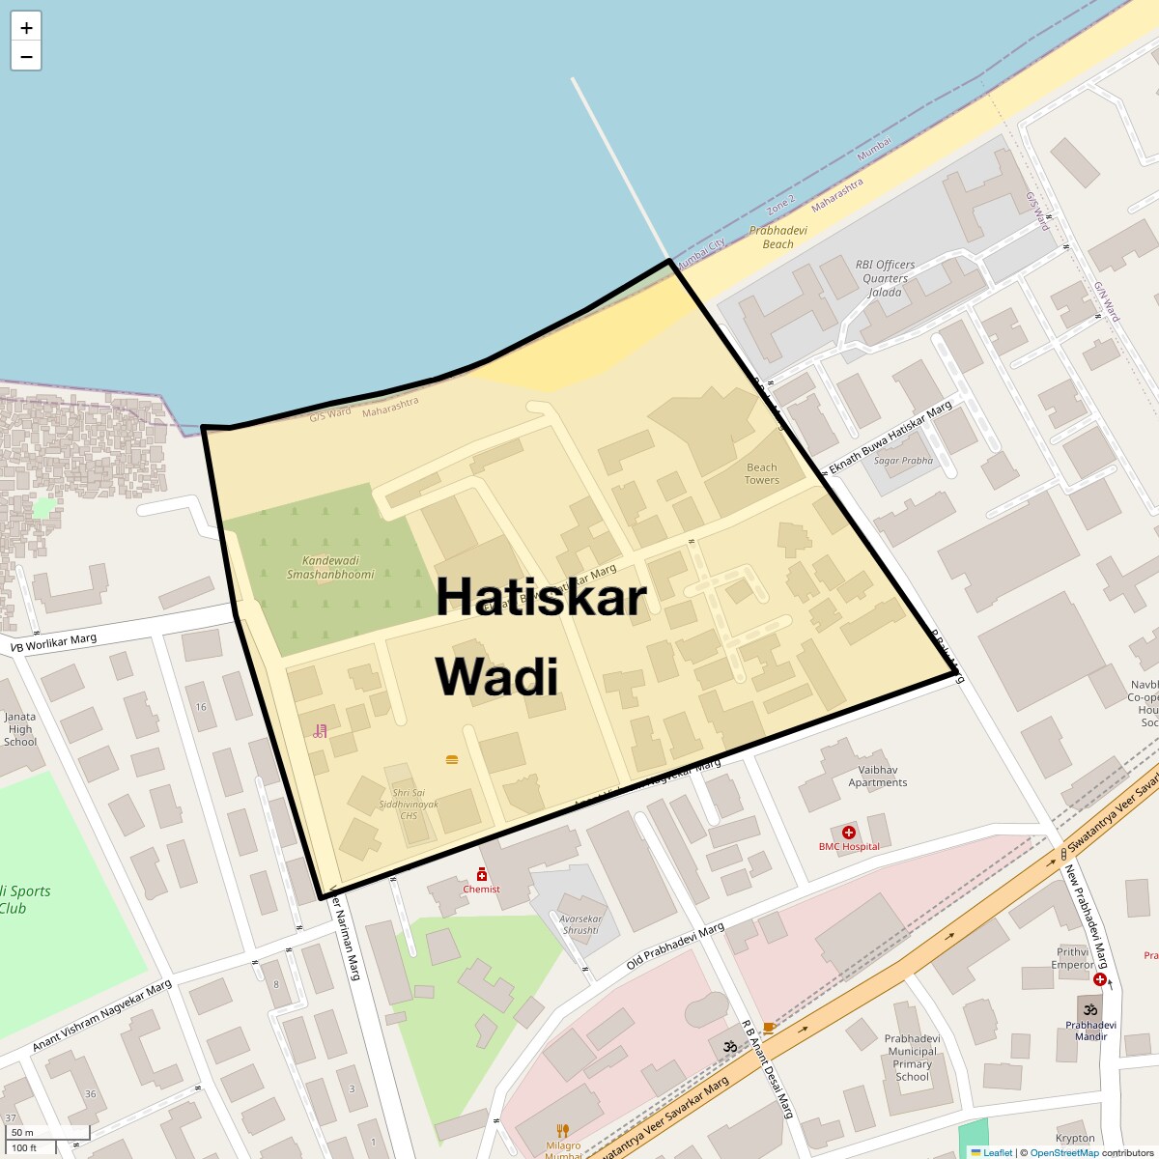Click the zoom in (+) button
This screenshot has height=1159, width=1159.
(26, 28)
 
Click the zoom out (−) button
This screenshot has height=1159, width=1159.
(26, 57)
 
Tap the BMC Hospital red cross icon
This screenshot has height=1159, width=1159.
(849, 833)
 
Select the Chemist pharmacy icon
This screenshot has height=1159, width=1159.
(482, 874)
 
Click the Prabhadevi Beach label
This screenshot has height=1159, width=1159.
(778, 238)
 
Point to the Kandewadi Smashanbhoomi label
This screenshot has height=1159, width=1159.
(330, 567)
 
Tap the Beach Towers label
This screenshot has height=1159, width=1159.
(762, 473)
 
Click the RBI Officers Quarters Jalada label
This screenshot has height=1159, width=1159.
(885, 278)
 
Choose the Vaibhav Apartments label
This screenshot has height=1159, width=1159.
(878, 777)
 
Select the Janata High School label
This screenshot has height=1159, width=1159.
(20, 729)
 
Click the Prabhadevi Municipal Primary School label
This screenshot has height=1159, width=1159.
(912, 1058)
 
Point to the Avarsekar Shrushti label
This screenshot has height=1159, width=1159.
(580, 924)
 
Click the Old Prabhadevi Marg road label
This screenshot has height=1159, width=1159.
(675, 947)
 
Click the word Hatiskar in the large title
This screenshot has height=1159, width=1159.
(541, 597)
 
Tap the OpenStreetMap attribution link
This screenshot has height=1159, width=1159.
(1063, 1152)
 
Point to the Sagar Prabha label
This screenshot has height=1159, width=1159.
(903, 461)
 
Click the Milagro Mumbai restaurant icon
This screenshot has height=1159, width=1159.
(563, 1131)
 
